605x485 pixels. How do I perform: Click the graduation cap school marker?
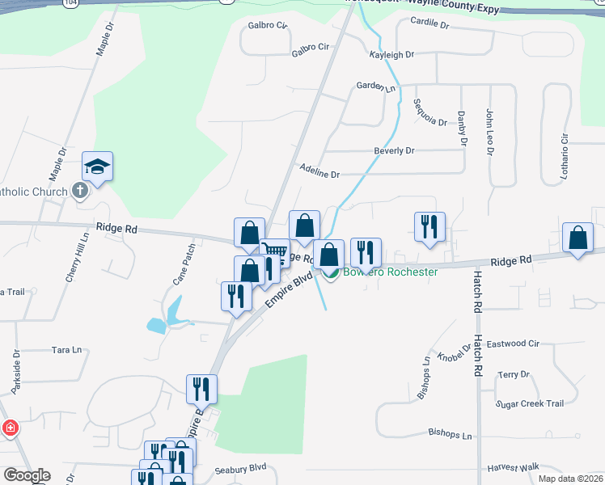point(97,167)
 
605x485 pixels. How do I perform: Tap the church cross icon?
point(79,191)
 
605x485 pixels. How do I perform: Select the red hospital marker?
point(10,428)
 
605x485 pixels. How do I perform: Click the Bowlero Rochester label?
point(390,272)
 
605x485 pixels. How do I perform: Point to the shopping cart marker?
point(275,252)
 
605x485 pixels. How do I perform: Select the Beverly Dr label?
point(393,150)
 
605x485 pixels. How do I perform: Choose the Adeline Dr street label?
point(319,174)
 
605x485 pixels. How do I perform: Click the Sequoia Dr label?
point(429,112)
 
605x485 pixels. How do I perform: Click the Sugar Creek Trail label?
point(529,403)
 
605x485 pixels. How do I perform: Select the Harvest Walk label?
point(513,468)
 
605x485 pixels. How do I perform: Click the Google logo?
point(26,475)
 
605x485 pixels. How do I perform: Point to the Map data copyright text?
point(569,479)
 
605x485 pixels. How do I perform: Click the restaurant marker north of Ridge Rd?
point(427,226)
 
